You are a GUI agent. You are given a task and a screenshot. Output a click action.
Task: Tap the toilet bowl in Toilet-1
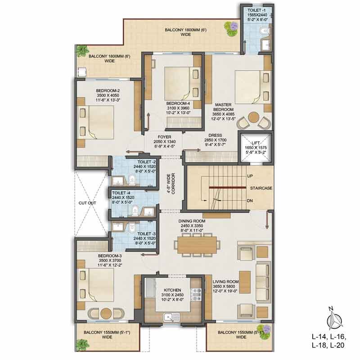(x=264, y=31)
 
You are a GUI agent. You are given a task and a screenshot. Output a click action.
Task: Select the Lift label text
(x=256, y=143)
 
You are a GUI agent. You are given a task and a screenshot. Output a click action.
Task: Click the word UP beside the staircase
(x=250, y=176)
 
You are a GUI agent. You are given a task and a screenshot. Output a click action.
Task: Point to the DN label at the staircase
(x=250, y=200)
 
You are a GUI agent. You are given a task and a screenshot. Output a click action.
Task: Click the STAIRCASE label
(x=261, y=188)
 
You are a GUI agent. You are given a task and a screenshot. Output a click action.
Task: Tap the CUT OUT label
(x=87, y=203)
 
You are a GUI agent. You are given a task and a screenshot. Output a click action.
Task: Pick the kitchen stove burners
(x=197, y=294)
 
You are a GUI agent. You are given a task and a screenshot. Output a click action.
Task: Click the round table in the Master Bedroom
(x=253, y=117)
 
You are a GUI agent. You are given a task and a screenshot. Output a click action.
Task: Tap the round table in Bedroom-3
(x=106, y=313)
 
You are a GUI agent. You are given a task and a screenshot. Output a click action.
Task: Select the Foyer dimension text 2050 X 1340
(x=165, y=142)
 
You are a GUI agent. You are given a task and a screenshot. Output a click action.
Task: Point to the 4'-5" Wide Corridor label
(x=171, y=184)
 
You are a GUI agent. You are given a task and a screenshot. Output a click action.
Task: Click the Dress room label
(x=215, y=135)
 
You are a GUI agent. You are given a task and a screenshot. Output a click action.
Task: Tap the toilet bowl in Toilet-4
(x=135, y=210)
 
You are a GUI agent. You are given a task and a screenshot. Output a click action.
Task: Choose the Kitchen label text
(x=172, y=290)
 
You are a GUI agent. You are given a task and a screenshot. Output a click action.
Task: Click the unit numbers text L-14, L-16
(x=329, y=337)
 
